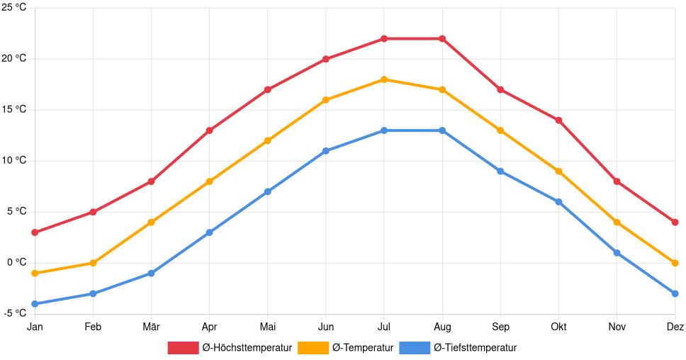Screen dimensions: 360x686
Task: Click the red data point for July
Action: coord(384,38)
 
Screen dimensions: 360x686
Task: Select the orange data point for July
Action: coord(384,79)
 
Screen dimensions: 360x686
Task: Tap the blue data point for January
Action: coord(35,304)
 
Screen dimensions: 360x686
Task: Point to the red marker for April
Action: coord(209,130)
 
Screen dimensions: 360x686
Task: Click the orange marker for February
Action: coord(93,263)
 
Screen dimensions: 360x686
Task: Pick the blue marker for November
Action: coord(617,253)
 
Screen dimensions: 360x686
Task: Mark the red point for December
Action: coord(675,223)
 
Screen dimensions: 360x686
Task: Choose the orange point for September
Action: coord(500,130)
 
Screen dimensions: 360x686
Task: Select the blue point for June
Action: coord(326,151)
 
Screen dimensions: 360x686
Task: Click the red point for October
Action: coord(558,120)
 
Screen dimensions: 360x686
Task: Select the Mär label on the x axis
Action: coord(151,327)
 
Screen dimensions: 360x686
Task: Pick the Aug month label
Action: coord(442,327)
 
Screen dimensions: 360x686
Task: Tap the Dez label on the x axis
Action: coord(675,327)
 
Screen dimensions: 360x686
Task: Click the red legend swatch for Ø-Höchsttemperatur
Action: coord(183,347)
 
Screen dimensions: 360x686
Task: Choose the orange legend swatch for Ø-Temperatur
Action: coord(313,347)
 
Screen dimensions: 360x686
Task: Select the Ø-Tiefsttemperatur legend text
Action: coord(475,347)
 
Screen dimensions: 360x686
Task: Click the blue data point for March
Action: coord(151,274)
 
